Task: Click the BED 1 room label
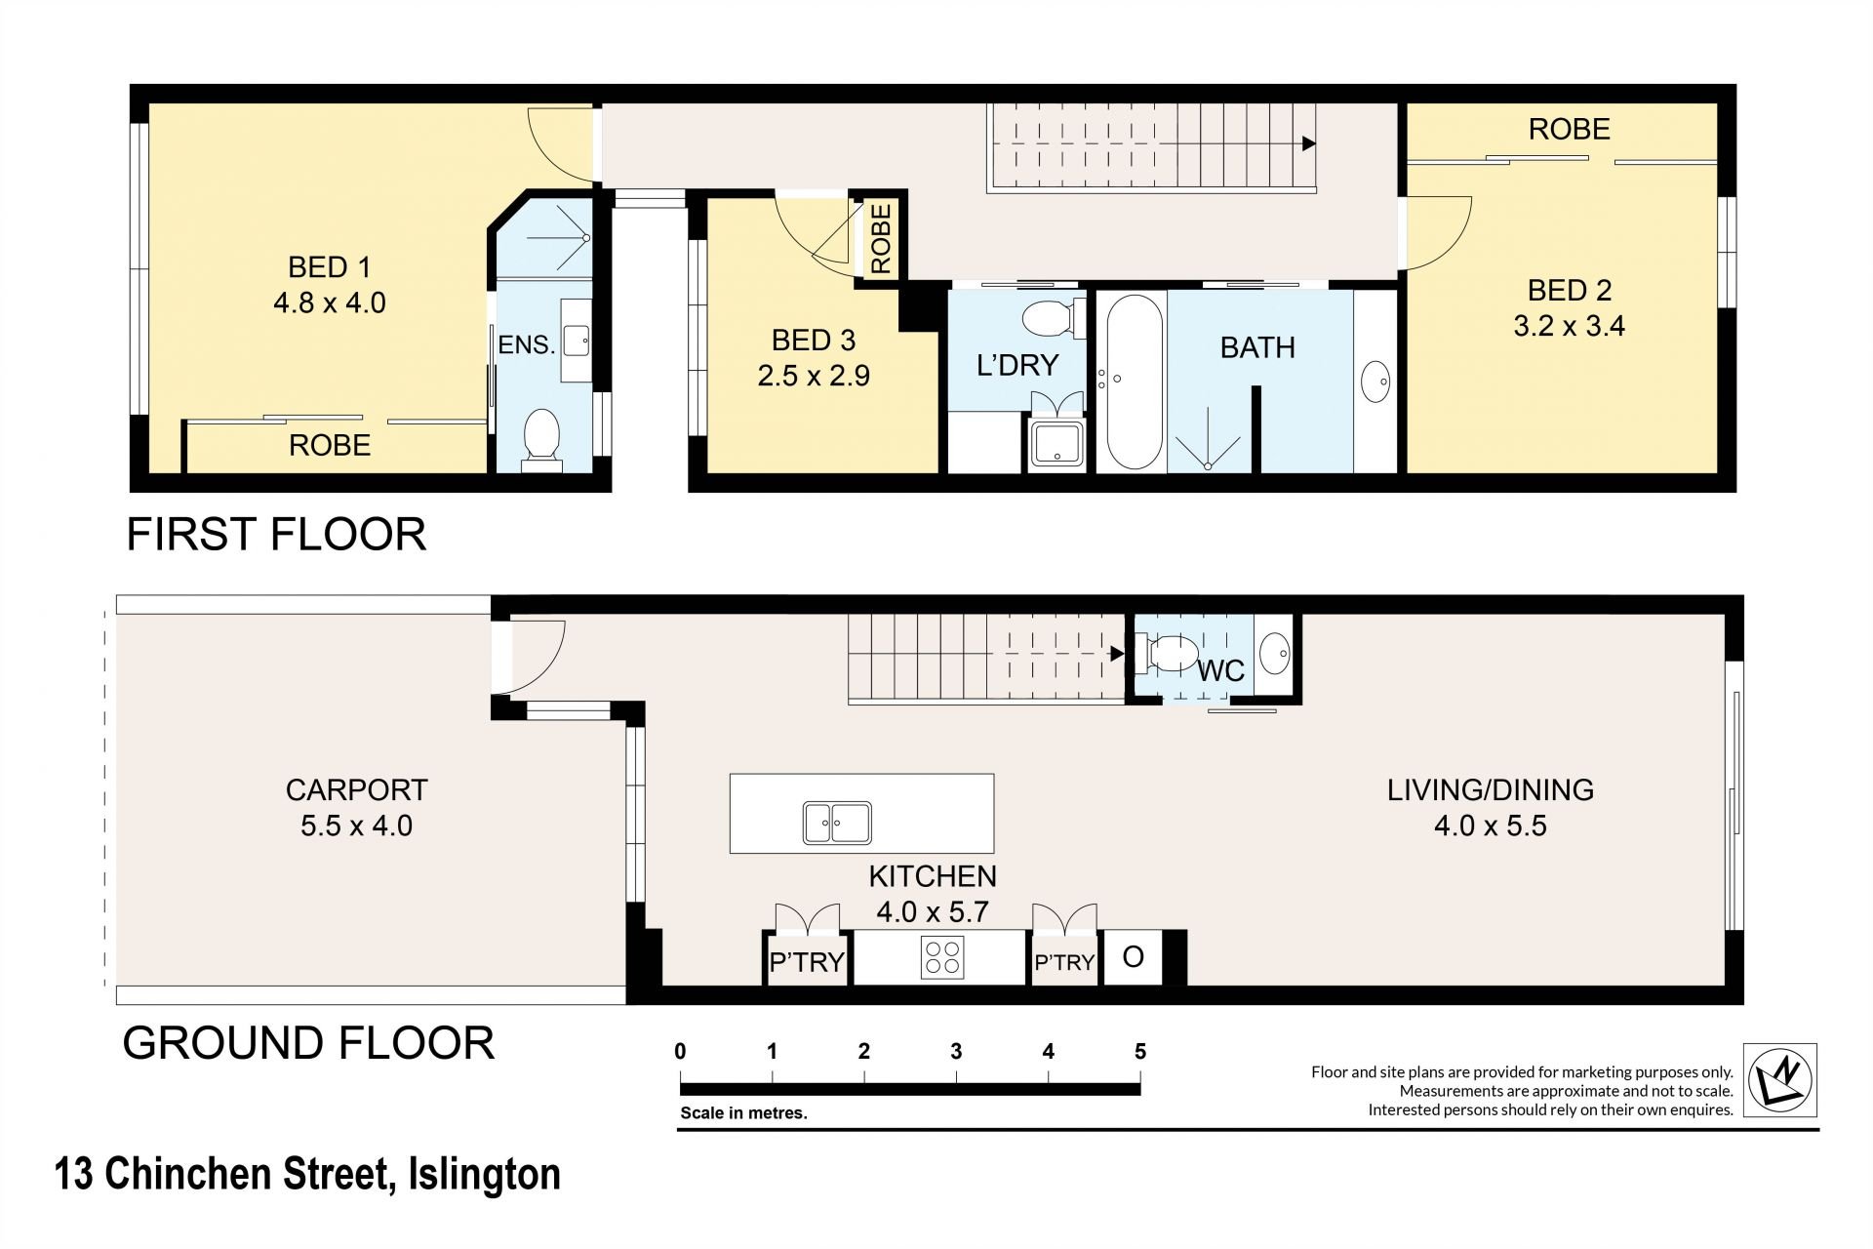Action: tap(330, 267)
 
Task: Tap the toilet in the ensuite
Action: tap(541, 439)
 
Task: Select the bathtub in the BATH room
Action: tap(1132, 382)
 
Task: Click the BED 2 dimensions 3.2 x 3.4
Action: tap(1569, 326)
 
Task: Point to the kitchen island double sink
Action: tap(837, 823)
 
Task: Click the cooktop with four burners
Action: tap(941, 956)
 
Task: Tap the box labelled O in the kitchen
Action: tap(1133, 957)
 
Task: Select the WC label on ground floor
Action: tap(1220, 670)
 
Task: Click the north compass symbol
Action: tap(1780, 1080)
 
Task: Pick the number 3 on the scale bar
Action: tap(956, 1051)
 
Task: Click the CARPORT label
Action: tap(356, 789)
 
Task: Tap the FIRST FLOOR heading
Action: tap(277, 535)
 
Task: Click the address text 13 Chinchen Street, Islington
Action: tap(308, 1174)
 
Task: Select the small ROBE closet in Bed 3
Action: tap(880, 239)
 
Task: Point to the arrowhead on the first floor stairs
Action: tap(1309, 143)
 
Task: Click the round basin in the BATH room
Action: tap(1376, 382)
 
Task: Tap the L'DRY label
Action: tap(1017, 365)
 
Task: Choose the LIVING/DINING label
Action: tap(1491, 789)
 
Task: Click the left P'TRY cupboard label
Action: tap(807, 962)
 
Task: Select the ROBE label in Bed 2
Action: tap(1569, 129)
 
